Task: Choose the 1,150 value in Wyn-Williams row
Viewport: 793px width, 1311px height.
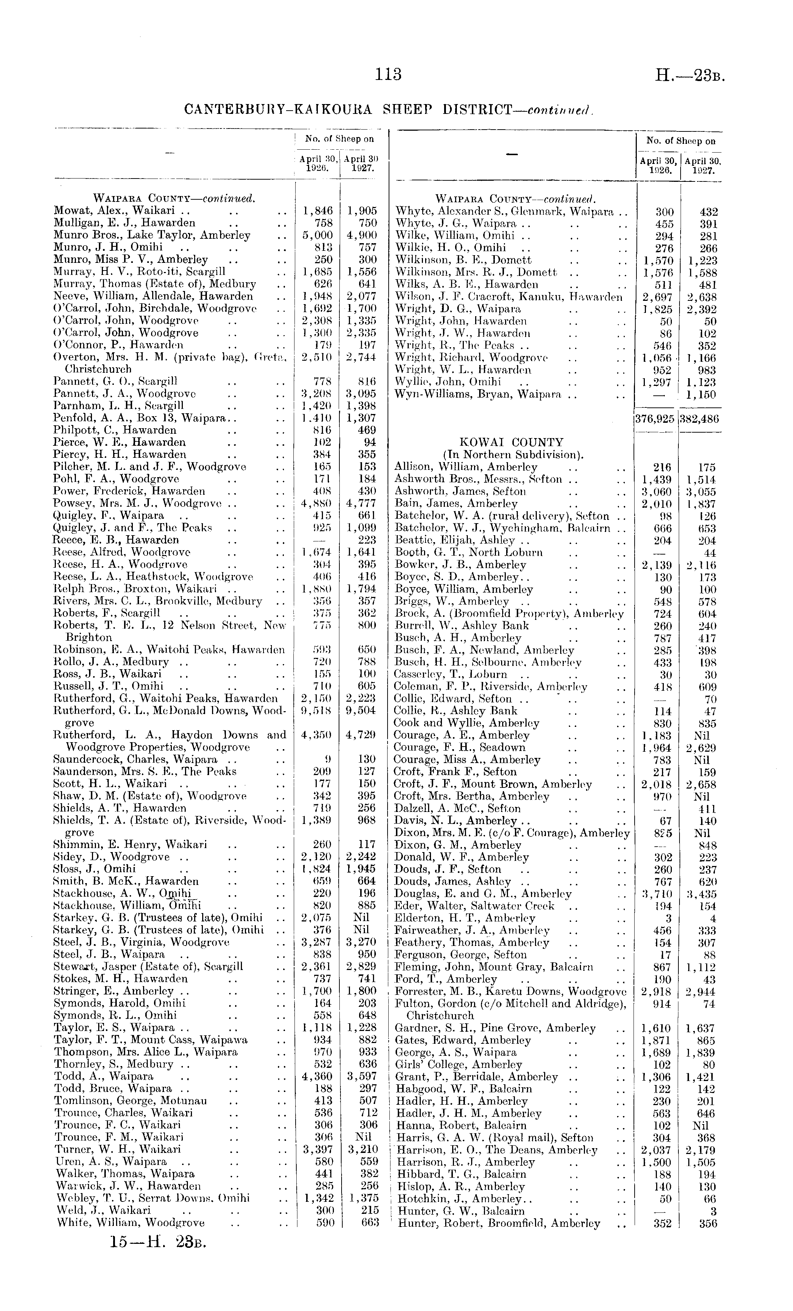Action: point(701,395)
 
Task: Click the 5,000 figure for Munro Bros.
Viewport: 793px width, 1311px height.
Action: point(317,235)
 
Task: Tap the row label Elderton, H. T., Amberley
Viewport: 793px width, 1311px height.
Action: point(465,918)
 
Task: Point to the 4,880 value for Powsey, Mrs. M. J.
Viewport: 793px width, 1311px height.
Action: point(317,503)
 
